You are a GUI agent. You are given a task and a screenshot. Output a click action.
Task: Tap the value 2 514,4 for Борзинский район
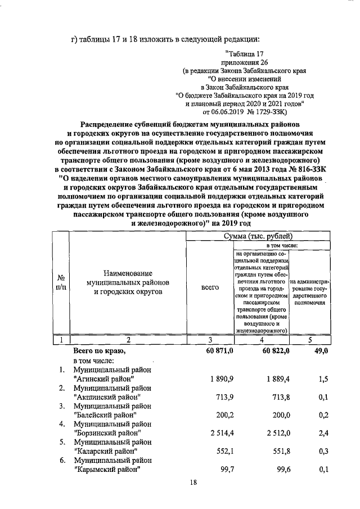coord(217,434)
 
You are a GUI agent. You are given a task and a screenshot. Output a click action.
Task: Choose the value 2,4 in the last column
coord(323,434)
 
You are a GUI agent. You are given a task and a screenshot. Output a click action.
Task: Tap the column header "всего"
coord(209,287)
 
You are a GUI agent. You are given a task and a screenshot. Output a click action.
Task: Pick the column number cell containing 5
coord(311,339)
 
